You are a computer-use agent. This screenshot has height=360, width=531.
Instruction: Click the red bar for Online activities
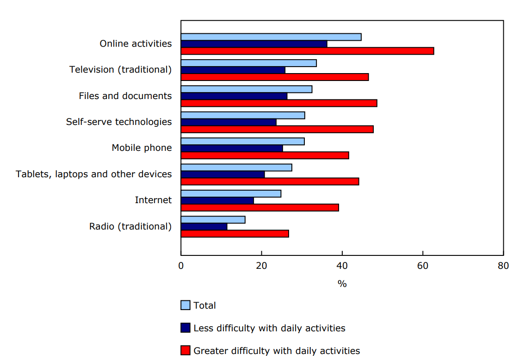pos(307,51)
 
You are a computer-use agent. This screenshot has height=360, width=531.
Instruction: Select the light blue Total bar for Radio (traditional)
pos(213,220)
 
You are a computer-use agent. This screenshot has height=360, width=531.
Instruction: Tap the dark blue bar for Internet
pos(217,201)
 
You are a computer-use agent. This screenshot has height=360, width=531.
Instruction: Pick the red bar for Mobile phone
pos(265,155)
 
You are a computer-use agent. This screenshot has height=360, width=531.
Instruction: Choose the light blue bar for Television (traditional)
pos(248,63)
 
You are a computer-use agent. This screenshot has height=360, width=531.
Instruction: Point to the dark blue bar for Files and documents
pos(234,96)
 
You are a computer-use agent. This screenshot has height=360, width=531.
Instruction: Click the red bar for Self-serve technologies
pos(277,129)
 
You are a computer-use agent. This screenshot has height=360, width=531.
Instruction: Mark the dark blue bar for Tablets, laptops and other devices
pos(222,174)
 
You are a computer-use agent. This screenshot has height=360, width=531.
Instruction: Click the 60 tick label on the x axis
pos(423,266)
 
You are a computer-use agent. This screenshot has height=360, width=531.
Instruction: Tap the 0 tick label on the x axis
pos(181,266)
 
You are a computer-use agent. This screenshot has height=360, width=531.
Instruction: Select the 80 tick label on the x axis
pos(503,266)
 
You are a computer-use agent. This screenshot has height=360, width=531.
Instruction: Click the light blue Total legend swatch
pos(185,305)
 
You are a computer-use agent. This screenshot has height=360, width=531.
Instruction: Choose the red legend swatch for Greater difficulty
pos(185,351)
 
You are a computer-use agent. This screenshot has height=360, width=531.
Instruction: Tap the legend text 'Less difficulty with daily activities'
pos(269,328)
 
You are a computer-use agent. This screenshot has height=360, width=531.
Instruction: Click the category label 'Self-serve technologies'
pos(119,122)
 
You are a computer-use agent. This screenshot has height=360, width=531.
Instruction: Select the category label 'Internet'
pos(153,200)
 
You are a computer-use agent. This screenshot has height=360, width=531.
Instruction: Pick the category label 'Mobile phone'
pos(142,148)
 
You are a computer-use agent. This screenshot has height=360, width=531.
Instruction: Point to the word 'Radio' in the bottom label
pos(102,226)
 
